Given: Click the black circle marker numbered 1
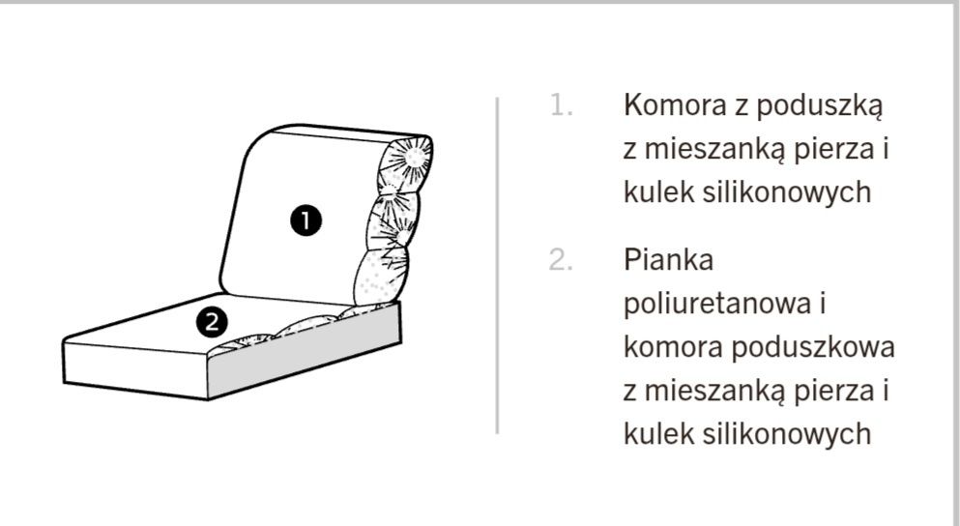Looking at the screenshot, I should (306, 221).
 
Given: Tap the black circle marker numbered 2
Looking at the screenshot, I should (212, 321).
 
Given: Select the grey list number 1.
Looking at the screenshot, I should (560, 105).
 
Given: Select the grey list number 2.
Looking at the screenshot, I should (562, 261).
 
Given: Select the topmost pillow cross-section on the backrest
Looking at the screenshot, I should (410, 157).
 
